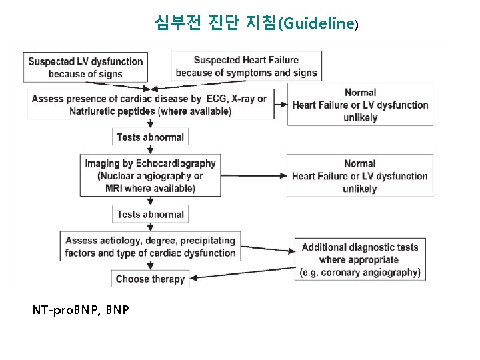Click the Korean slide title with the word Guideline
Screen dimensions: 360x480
pyautogui.click(x=257, y=23)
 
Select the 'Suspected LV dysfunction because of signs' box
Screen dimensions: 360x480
pyautogui.click(x=85, y=67)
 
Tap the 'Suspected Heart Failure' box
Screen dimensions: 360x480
pyautogui.click(x=246, y=66)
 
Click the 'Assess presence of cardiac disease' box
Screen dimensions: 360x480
pyautogui.click(x=151, y=105)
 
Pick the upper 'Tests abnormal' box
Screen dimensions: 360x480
pyautogui.click(x=151, y=137)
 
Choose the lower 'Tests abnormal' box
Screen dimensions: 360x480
pyautogui.click(x=151, y=215)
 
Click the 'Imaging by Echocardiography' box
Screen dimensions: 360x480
pyautogui.click(x=151, y=176)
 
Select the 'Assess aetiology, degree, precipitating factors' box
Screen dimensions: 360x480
pyautogui.click(x=151, y=247)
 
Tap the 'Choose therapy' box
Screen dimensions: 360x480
pyautogui.click(x=151, y=279)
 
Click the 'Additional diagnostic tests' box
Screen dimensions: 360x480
pyautogui.click(x=360, y=259)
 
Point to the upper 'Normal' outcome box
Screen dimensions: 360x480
pyautogui.click(x=360, y=105)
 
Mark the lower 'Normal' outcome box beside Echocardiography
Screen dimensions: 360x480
pyautogui.click(x=360, y=176)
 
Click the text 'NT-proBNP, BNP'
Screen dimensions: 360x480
pyautogui.click(x=81, y=310)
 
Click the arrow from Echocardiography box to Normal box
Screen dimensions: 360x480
pyautogui.click(x=253, y=176)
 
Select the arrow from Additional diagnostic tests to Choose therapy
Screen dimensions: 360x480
pyautogui.click(x=243, y=274)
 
